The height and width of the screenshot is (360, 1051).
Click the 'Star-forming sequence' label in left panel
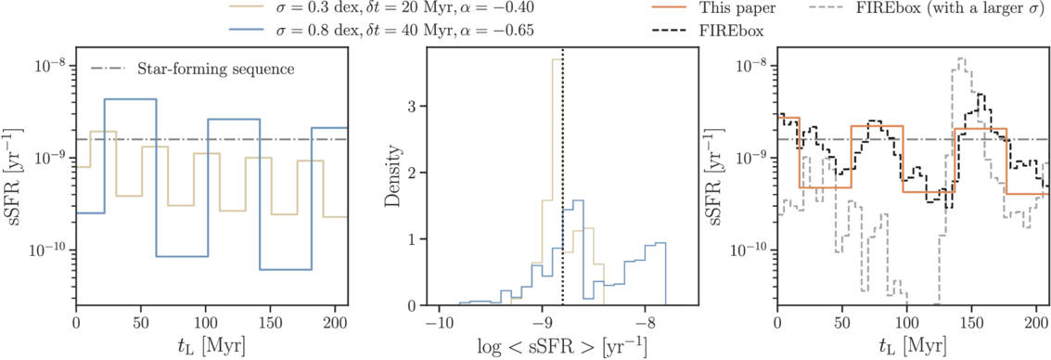pos(215,69)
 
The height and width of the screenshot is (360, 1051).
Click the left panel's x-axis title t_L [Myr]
pos(211,347)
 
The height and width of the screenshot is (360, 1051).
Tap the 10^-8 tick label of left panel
pos(46,66)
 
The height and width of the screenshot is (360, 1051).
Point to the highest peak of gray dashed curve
pos(962,59)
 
